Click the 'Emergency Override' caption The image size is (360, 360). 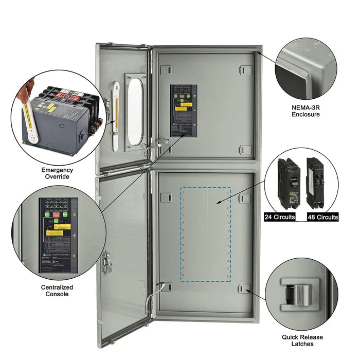pos(57,173)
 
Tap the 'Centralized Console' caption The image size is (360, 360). pos(57,291)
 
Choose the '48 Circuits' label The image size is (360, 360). pos(323,217)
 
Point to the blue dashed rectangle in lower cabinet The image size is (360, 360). pos(205,234)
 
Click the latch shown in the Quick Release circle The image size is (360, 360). pos(297,295)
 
